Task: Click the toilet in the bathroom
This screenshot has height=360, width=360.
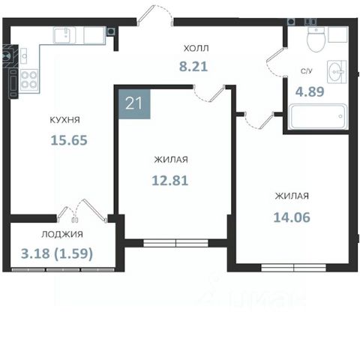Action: tap(316, 39)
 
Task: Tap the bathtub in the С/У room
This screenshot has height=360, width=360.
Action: tap(317, 117)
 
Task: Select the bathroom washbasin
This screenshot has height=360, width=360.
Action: tap(337, 72)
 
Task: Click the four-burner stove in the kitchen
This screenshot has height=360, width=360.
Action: tap(29, 80)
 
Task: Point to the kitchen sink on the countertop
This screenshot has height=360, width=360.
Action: tap(64, 35)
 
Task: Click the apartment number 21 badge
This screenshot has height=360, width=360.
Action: tap(134, 103)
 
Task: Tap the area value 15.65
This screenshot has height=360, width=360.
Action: tap(69, 140)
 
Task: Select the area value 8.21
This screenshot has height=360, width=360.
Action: tap(193, 67)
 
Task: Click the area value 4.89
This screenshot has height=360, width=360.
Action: tap(310, 91)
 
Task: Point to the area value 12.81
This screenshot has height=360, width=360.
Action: tap(170, 181)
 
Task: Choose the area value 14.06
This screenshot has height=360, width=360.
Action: tap(292, 217)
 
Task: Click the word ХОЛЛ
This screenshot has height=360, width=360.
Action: tap(196, 48)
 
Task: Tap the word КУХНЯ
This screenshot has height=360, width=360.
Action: tap(65, 120)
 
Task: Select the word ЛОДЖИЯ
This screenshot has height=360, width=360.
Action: tap(62, 234)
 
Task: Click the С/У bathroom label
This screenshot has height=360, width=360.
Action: tap(307, 71)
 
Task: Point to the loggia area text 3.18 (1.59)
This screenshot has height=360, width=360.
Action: tap(57, 253)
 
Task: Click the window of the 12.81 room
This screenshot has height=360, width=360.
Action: tap(175, 243)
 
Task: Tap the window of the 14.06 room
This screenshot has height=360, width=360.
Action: tap(293, 268)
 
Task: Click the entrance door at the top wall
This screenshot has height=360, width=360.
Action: tap(154, 16)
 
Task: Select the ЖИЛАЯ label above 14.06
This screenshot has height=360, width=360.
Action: tap(292, 196)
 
